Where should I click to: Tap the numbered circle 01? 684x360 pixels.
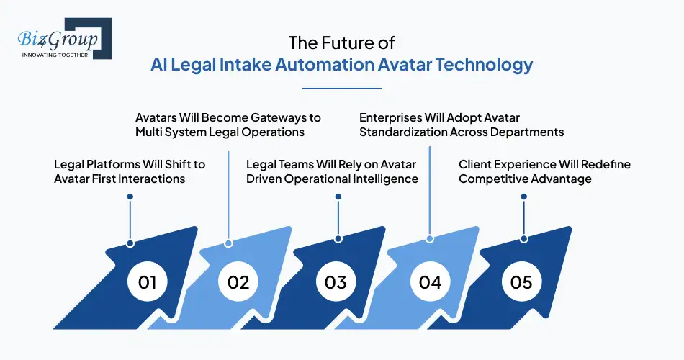(x=148, y=282)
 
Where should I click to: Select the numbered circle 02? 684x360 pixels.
(x=238, y=282)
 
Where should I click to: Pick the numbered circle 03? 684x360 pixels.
(x=336, y=282)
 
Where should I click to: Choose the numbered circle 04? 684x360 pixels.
(x=430, y=282)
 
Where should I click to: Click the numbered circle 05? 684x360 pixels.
(x=521, y=282)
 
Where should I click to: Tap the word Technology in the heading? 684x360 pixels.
(x=483, y=65)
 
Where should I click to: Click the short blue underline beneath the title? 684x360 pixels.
(x=341, y=89)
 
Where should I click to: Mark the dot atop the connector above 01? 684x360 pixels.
(x=130, y=196)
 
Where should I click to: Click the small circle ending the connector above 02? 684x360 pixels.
(x=228, y=243)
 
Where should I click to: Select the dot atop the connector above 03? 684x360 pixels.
(x=337, y=196)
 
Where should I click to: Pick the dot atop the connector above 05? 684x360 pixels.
(x=523, y=196)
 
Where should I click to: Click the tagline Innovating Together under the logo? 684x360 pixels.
(x=55, y=55)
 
